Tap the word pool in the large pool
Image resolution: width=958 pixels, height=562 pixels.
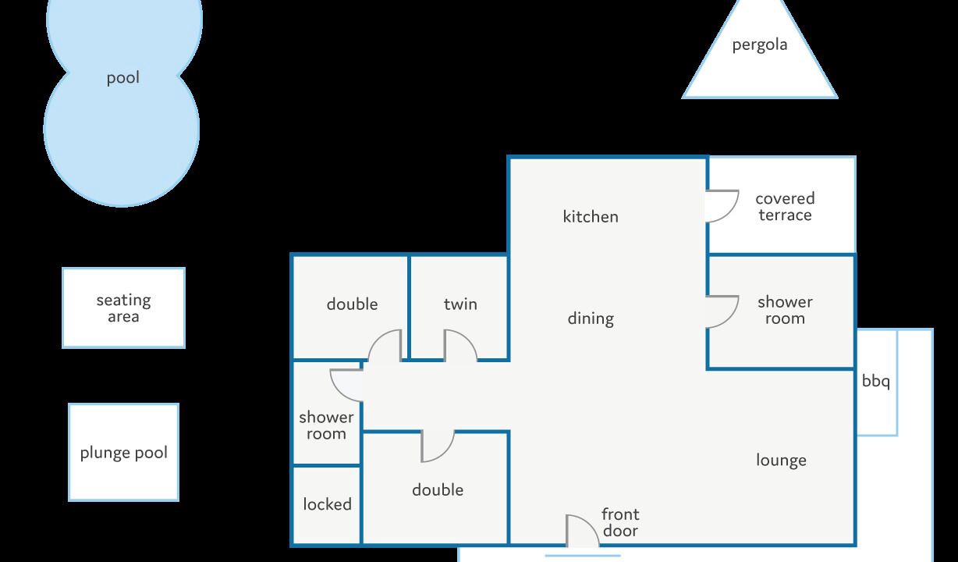click(122, 78)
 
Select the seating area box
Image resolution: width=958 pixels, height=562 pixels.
click(123, 308)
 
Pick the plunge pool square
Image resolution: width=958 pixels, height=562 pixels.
click(123, 452)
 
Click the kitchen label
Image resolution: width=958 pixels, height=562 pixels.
click(591, 216)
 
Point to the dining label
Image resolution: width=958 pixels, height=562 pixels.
click(591, 318)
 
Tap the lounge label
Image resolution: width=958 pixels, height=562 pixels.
click(782, 461)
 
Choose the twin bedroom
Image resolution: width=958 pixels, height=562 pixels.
click(459, 308)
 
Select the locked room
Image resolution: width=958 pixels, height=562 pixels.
click(327, 505)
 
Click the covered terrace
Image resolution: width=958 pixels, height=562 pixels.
click(782, 205)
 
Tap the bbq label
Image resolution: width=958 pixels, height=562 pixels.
click(875, 381)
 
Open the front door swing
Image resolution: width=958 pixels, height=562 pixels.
click(583, 531)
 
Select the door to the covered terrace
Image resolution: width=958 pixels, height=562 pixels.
click(722, 206)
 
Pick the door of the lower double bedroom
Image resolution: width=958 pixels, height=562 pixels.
click(438, 446)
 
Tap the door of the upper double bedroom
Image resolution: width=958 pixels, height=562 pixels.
click(385, 346)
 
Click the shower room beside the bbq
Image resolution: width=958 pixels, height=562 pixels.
click(782, 311)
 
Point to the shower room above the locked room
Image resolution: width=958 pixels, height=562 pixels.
click(327, 413)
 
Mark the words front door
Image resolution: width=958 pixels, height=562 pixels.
click(620, 523)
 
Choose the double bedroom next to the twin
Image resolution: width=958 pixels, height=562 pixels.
click(350, 308)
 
